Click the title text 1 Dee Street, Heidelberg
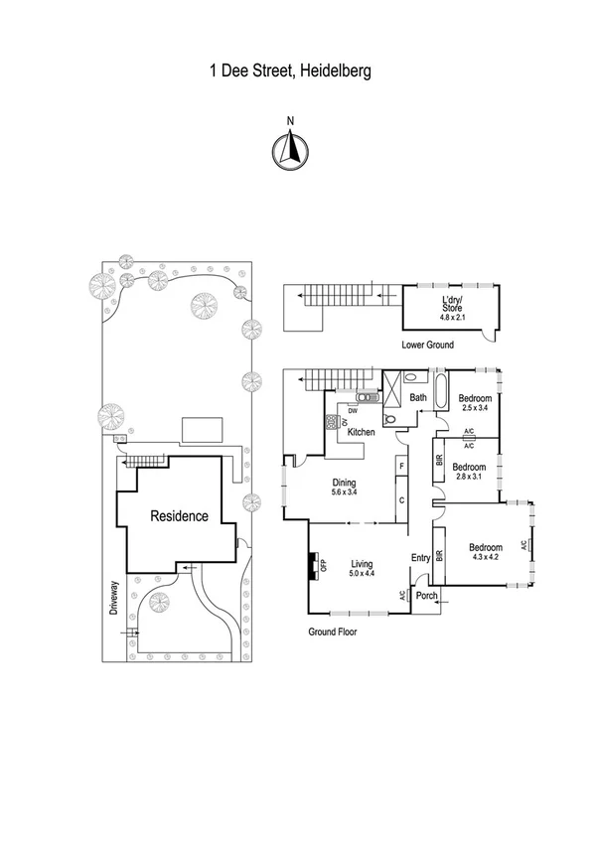pyautogui.click(x=290, y=71)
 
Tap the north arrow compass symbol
pyautogui.click(x=290, y=148)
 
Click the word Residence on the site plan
pyautogui.click(x=179, y=516)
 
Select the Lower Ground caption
pyautogui.click(x=428, y=346)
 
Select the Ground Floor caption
pyautogui.click(x=332, y=631)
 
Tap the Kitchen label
pyautogui.click(x=360, y=432)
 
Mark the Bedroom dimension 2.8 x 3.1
pyautogui.click(x=469, y=478)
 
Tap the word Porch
pyautogui.click(x=427, y=596)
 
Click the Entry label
pyautogui.click(x=421, y=558)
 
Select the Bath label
pyautogui.click(x=418, y=398)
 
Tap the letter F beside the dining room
pyautogui.click(x=400, y=465)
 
